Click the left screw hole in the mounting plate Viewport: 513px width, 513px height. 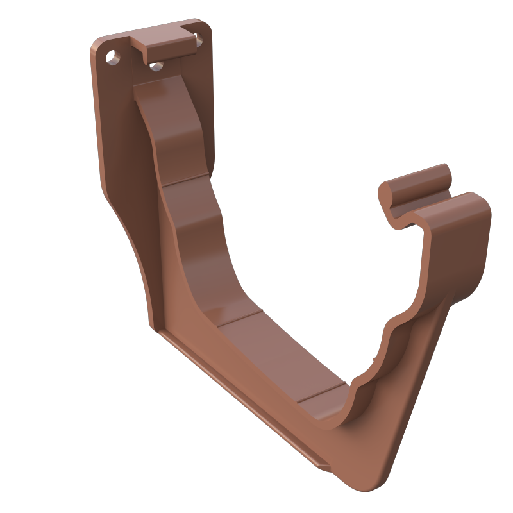pyautogui.click(x=114, y=56)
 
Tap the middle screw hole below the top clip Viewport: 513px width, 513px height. pyautogui.click(x=155, y=64)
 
